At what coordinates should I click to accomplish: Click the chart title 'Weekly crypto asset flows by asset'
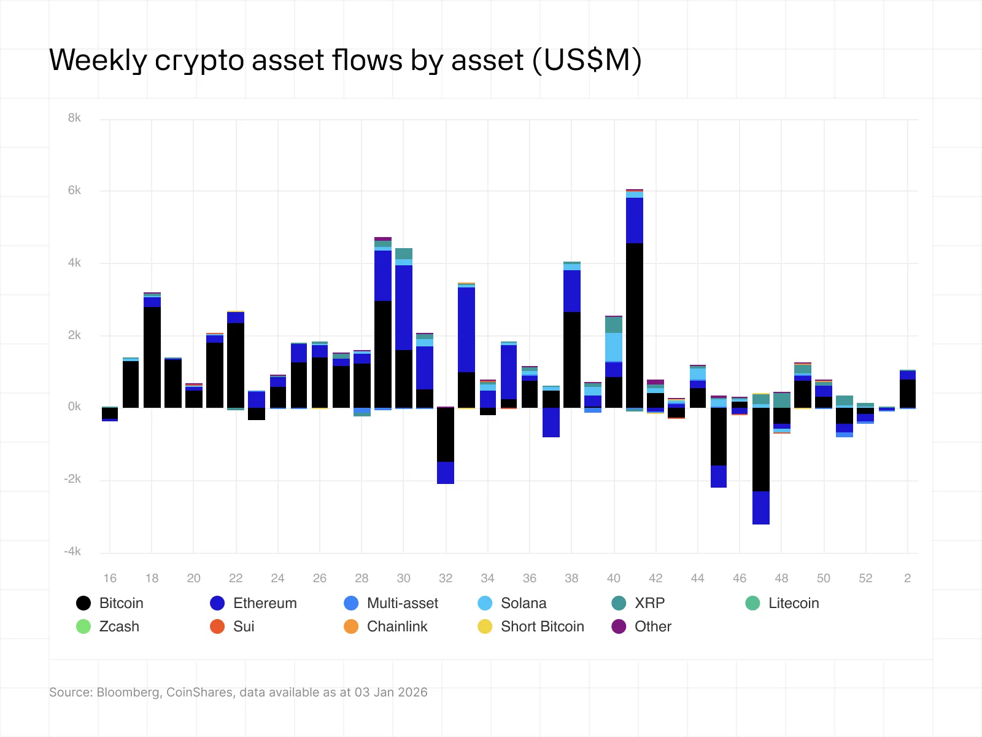[345, 60]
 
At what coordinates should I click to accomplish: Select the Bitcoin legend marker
[83, 603]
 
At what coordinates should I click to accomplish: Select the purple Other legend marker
[619, 626]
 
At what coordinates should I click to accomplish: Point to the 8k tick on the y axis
[74, 118]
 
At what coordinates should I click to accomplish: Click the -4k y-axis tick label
[72, 552]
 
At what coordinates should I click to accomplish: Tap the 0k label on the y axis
[74, 407]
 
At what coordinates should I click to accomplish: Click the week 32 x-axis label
[446, 578]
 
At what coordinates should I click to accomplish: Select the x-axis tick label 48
[781, 578]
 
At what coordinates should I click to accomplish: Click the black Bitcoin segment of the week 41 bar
[635, 326]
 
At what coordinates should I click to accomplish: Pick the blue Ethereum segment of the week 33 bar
[466, 330]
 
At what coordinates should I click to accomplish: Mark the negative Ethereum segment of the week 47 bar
[761, 508]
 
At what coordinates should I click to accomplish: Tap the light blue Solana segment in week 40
[614, 347]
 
